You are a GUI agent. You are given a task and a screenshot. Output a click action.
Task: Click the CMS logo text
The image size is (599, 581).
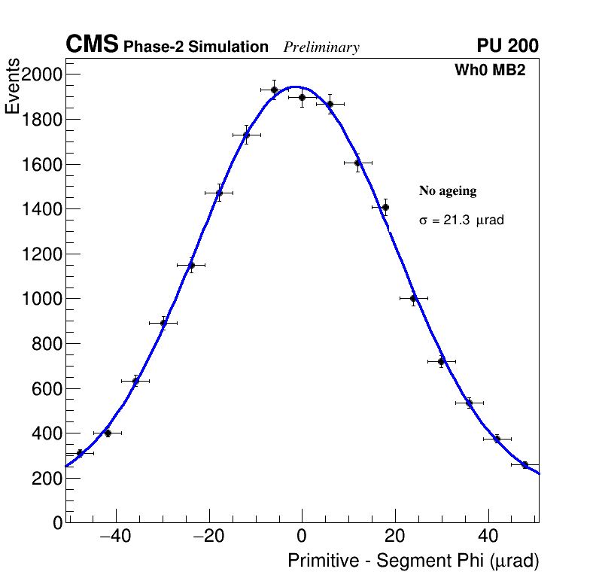[x=92, y=45]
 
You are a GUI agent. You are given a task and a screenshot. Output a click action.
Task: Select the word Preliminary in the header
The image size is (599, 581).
[x=321, y=47]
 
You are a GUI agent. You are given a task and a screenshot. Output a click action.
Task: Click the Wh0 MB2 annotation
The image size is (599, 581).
[x=490, y=71]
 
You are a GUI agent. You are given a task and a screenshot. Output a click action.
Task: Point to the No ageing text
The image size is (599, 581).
[x=448, y=191]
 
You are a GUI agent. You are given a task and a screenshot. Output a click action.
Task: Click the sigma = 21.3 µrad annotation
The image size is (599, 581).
[x=461, y=221]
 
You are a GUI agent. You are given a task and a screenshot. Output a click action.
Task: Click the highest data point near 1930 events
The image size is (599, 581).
[x=275, y=90]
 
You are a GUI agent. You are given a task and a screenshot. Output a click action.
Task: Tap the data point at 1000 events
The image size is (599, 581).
[x=413, y=298]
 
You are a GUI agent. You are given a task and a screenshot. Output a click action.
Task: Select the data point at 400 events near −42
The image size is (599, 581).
[x=108, y=433]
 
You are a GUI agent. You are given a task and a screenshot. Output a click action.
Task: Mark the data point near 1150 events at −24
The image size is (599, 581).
[x=191, y=265]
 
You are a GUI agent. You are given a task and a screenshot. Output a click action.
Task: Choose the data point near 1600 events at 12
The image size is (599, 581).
[x=357, y=163]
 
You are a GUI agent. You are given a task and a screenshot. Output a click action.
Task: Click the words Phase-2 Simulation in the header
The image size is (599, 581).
[x=196, y=47]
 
